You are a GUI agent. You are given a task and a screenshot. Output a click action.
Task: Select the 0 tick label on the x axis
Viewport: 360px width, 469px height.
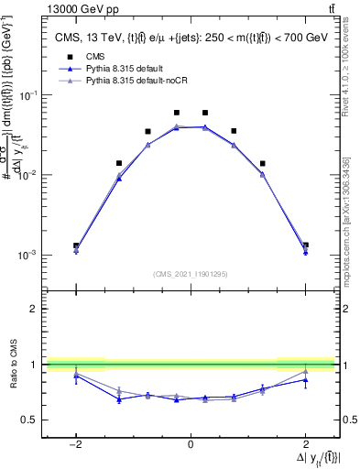[191, 444]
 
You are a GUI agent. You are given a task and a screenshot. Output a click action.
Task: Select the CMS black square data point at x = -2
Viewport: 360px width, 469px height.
[76, 245]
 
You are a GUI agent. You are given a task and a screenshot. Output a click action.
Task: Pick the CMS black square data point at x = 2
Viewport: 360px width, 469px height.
[305, 245]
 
